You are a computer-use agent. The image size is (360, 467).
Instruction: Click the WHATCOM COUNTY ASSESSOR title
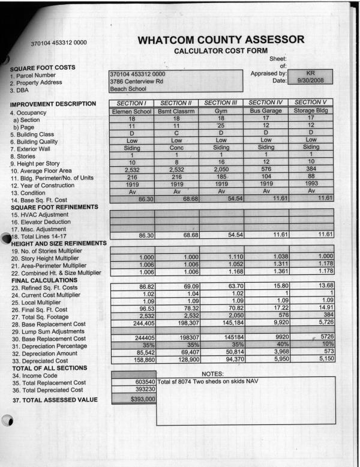pos(220,40)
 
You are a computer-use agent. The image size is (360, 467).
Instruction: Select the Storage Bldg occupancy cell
pos(311,111)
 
